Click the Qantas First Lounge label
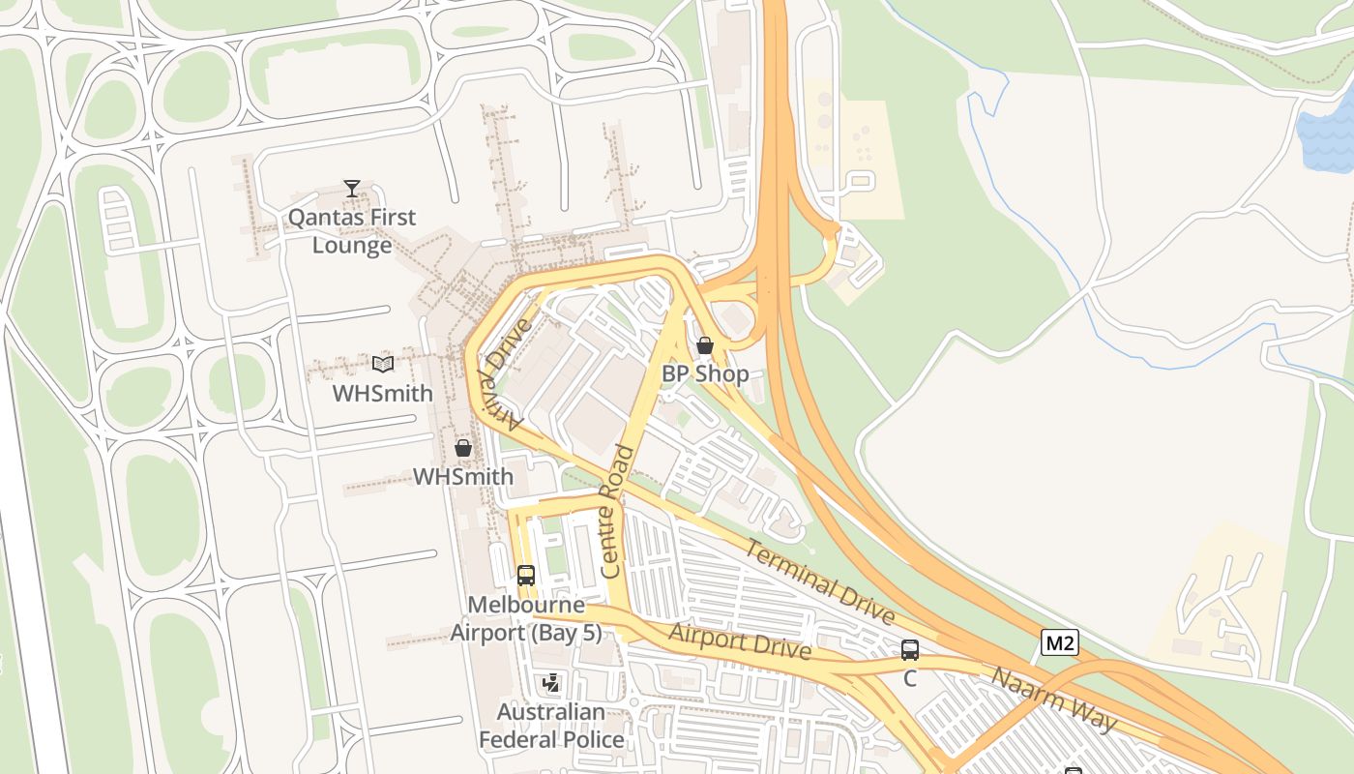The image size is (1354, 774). pos(352,231)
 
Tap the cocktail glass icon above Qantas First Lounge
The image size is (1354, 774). pos(352,189)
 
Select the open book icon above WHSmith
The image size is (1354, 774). pos(383,365)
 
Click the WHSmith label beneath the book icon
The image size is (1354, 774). pos(383,394)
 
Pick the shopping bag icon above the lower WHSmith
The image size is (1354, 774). pos(463,448)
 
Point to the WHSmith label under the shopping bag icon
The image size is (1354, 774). pos(463,477)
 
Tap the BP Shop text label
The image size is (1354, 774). pos(705,373)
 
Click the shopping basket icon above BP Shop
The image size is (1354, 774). pos(705,345)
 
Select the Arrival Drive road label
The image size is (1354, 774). pos(503,373)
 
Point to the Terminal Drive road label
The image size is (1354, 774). pos(820,580)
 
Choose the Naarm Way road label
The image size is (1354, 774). pos(1054,699)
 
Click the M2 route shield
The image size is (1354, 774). pos(1059,642)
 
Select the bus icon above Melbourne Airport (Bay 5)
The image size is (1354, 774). pos(525,576)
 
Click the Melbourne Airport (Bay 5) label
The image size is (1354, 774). pos(526,619)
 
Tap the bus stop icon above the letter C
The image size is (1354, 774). pos(910,650)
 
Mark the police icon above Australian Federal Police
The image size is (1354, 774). pos(551,684)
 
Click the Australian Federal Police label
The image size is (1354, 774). pos(551,726)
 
